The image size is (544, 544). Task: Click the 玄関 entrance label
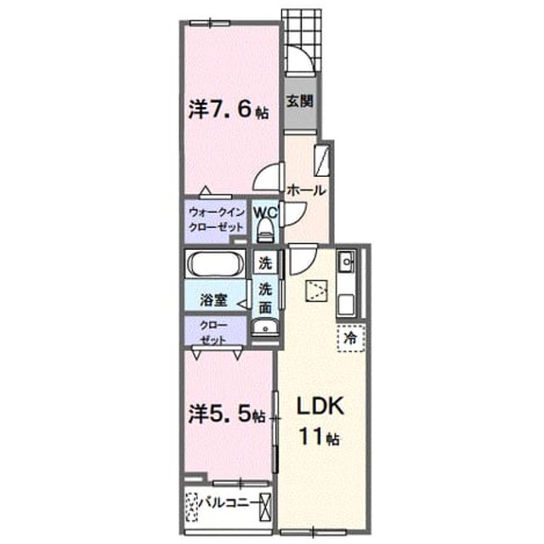(300, 101)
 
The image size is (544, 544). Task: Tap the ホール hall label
(306, 190)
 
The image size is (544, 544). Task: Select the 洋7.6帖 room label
(229, 110)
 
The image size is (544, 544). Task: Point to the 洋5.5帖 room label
(227, 414)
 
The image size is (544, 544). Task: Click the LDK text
(320, 405)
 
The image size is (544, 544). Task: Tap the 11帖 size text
(320, 437)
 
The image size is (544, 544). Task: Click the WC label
(265, 212)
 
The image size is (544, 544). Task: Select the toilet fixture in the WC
(265, 230)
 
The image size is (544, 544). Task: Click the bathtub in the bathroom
(216, 264)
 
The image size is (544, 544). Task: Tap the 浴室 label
(213, 300)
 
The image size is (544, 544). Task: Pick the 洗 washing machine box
(265, 263)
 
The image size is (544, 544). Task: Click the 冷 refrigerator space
(350, 338)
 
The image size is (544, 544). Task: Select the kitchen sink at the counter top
(347, 261)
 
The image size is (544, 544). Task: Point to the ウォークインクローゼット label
(217, 219)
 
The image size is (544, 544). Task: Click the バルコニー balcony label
(229, 503)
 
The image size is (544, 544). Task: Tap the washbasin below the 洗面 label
(265, 327)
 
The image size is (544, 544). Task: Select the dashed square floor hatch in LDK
(316, 291)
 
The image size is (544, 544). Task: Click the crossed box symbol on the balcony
(265, 507)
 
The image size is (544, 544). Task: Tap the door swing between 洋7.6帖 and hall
(267, 177)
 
